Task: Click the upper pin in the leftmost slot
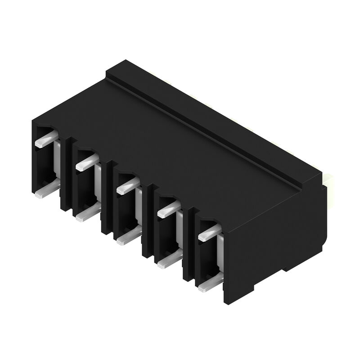click(x=45, y=140)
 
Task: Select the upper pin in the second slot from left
click(x=86, y=163)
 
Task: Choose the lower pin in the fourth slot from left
click(x=168, y=261)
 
